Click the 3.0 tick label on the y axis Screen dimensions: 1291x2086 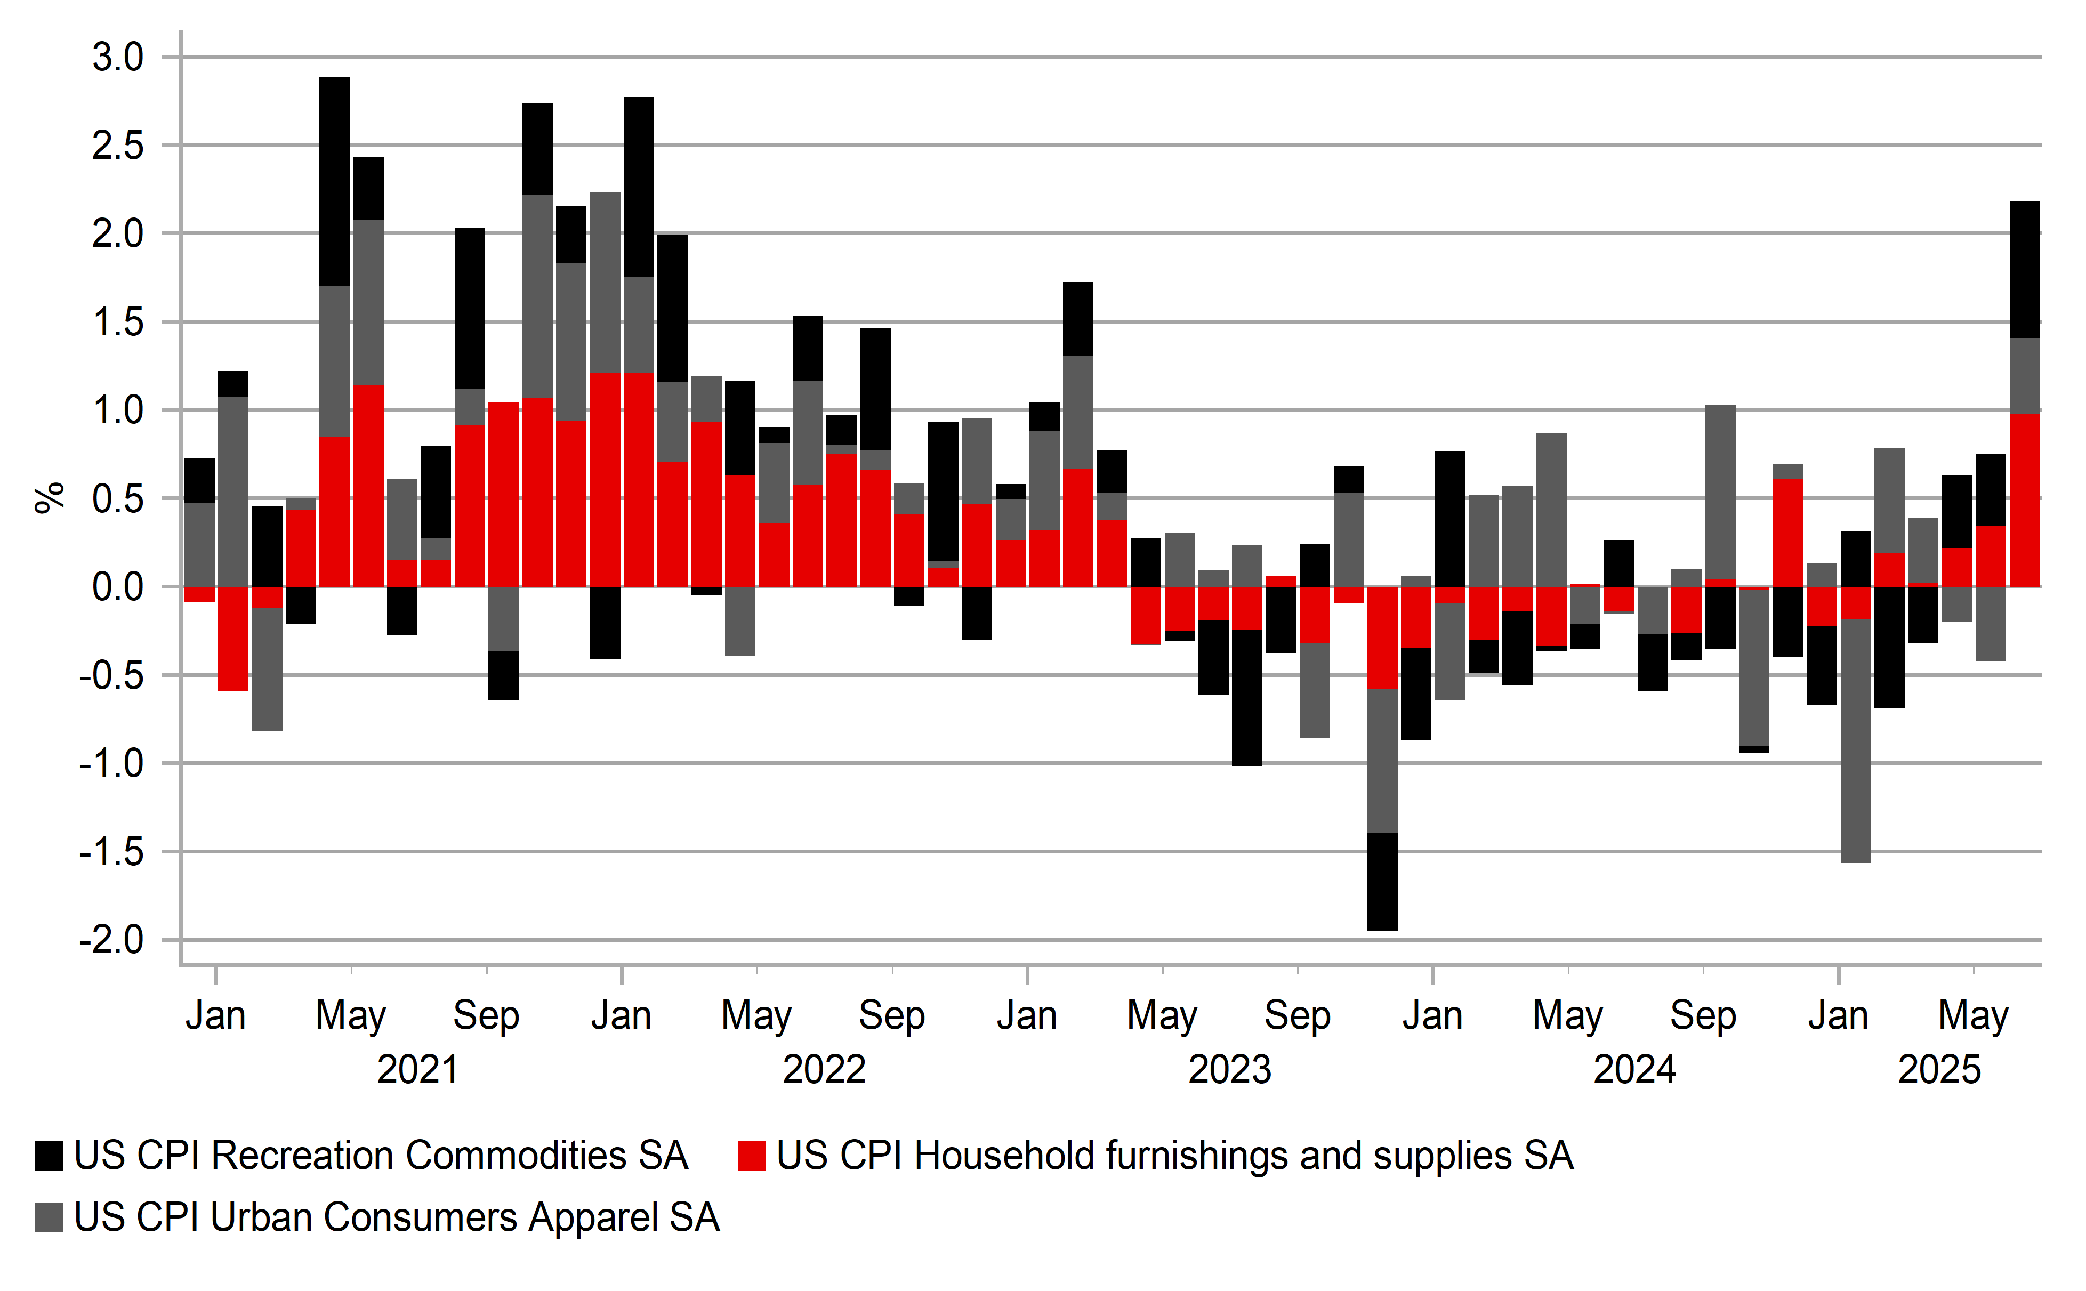point(118,58)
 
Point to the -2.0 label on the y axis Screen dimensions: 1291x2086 point(112,940)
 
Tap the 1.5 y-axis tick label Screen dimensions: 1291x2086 point(118,323)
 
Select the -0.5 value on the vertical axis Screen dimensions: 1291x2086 point(112,675)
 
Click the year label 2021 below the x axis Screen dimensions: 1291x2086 point(417,1070)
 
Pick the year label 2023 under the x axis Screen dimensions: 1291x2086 point(1229,1070)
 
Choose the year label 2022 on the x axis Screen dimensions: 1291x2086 point(824,1070)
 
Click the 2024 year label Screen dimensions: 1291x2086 point(1634,1070)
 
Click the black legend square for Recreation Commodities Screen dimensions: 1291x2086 point(49,1155)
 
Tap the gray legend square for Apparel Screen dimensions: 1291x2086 point(49,1217)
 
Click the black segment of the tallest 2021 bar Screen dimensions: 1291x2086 point(335,181)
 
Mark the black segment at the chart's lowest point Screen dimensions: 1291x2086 point(1382,881)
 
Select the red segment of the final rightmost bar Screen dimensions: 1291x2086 point(2025,499)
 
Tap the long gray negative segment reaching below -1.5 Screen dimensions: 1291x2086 point(1856,740)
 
